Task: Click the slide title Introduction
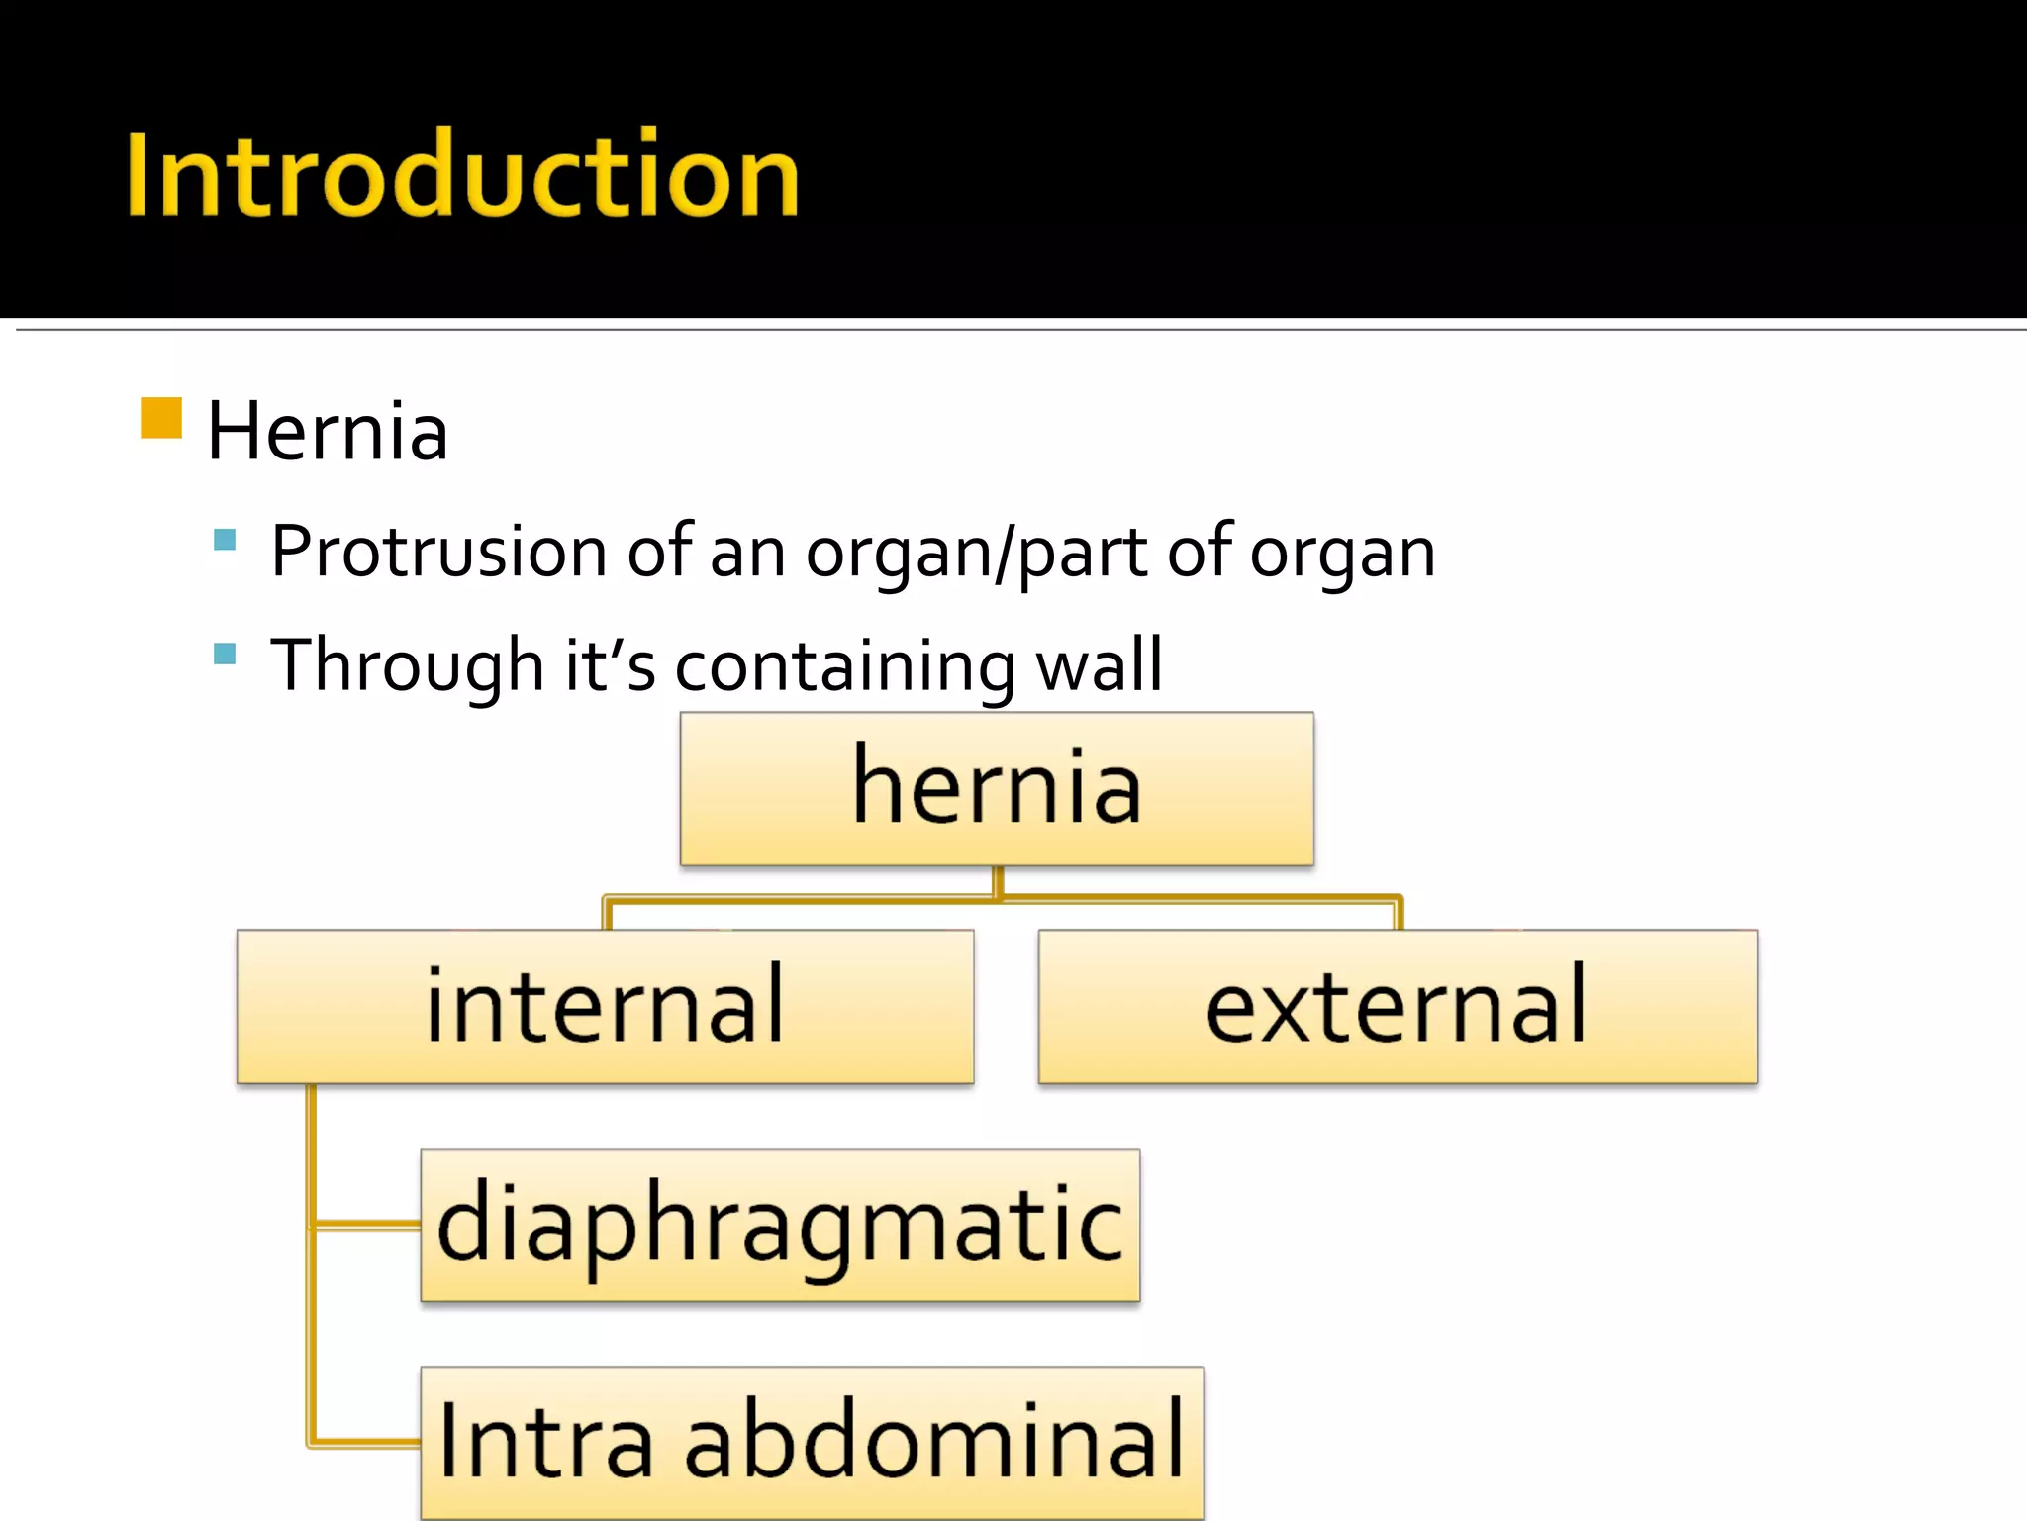pos(462,175)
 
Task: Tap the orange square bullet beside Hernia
pos(161,417)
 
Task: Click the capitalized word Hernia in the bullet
pos(328,432)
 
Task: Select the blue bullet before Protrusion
pos(225,540)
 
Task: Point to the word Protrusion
pos(438,552)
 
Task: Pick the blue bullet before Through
pos(225,654)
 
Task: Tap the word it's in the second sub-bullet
pos(610,665)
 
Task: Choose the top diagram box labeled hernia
pos(997,788)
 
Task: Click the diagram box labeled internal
pos(605,1006)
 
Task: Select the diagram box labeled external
pos(1397,1006)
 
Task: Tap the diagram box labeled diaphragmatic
pos(780,1225)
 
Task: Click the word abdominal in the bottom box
pos(934,1441)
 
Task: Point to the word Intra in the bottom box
pos(545,1441)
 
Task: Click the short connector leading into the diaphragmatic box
pos(366,1225)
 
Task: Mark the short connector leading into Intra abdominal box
pos(366,1442)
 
